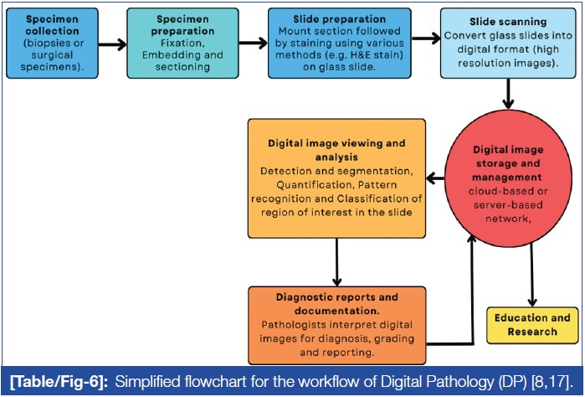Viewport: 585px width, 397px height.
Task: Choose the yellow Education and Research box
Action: pos(531,324)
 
